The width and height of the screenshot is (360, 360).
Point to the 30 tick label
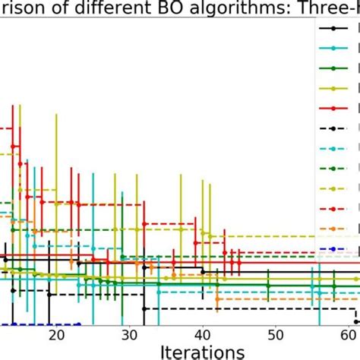130,335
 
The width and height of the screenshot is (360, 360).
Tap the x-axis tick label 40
203,335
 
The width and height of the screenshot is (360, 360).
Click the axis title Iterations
202,352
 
